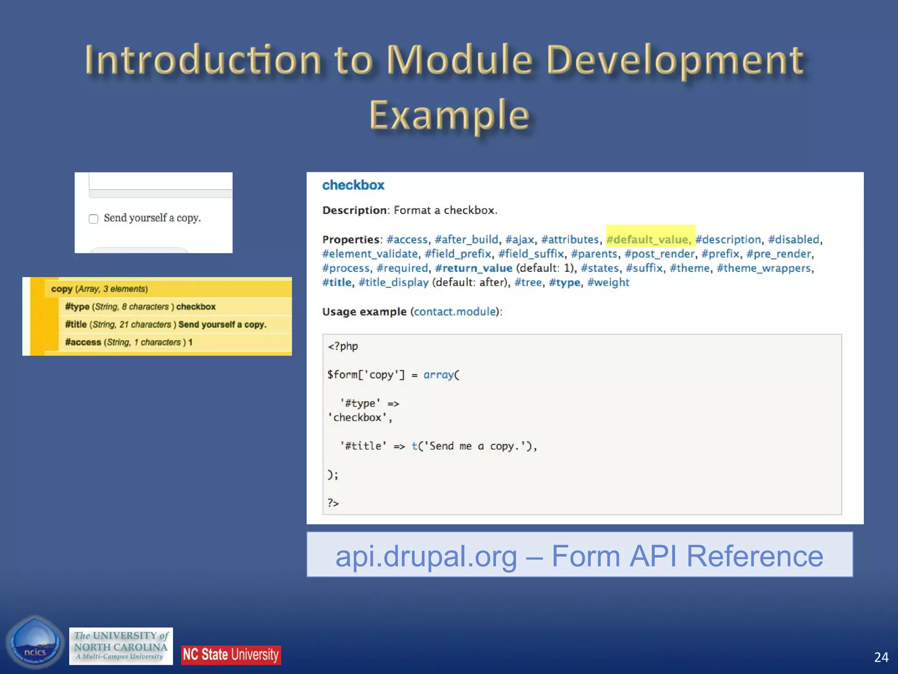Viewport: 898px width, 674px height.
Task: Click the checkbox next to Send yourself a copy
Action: tap(93, 219)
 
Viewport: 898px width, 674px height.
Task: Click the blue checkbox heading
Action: tap(353, 185)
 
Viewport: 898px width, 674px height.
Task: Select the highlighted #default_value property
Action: tap(647, 240)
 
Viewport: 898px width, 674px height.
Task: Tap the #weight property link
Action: tap(608, 283)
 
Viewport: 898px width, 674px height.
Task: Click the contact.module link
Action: tap(455, 312)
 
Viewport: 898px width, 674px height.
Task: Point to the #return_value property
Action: tap(474, 268)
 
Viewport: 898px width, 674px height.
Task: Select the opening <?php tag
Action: tap(342, 346)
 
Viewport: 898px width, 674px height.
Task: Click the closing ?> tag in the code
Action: tap(333, 503)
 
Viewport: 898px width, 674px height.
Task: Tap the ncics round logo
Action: tap(35, 643)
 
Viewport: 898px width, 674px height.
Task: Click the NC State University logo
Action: tap(231, 655)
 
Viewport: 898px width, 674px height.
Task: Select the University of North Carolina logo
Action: tap(121, 646)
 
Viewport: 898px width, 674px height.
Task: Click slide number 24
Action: tap(881, 657)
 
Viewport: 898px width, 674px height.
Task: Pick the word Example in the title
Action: tap(449, 115)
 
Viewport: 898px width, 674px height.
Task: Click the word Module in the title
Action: tap(459, 60)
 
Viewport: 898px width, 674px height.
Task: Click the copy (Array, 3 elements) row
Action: tap(100, 289)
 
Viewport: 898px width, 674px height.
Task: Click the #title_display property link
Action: tap(393, 283)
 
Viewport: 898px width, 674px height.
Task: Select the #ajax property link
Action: tap(520, 240)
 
